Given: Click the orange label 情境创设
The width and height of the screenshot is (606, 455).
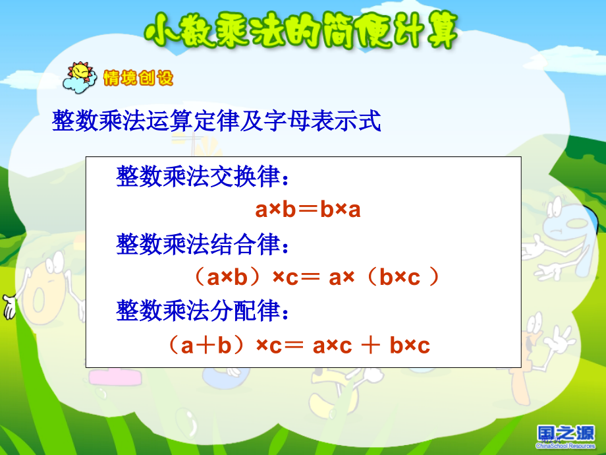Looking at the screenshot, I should pyautogui.click(x=138, y=78).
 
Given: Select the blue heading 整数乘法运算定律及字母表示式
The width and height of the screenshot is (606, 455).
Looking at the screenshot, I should pyautogui.click(x=217, y=121).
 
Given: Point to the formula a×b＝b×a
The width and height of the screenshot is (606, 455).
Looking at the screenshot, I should pyautogui.click(x=308, y=210).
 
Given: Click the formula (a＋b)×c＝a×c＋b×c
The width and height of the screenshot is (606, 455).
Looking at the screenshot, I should pyautogui.click(x=298, y=345).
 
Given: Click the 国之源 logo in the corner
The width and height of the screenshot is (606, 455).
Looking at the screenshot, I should pyautogui.click(x=566, y=436).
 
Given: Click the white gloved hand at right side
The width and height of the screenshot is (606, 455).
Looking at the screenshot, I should pyautogui.click(x=560, y=340).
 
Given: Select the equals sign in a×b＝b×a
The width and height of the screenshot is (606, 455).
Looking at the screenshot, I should pyautogui.click(x=308, y=210).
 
